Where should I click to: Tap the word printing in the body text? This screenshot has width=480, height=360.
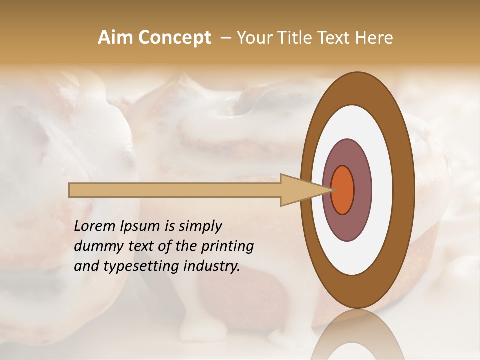(x=227, y=246)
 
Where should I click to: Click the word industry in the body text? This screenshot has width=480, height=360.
(x=211, y=266)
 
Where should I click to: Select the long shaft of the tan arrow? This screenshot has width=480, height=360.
(x=175, y=190)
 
